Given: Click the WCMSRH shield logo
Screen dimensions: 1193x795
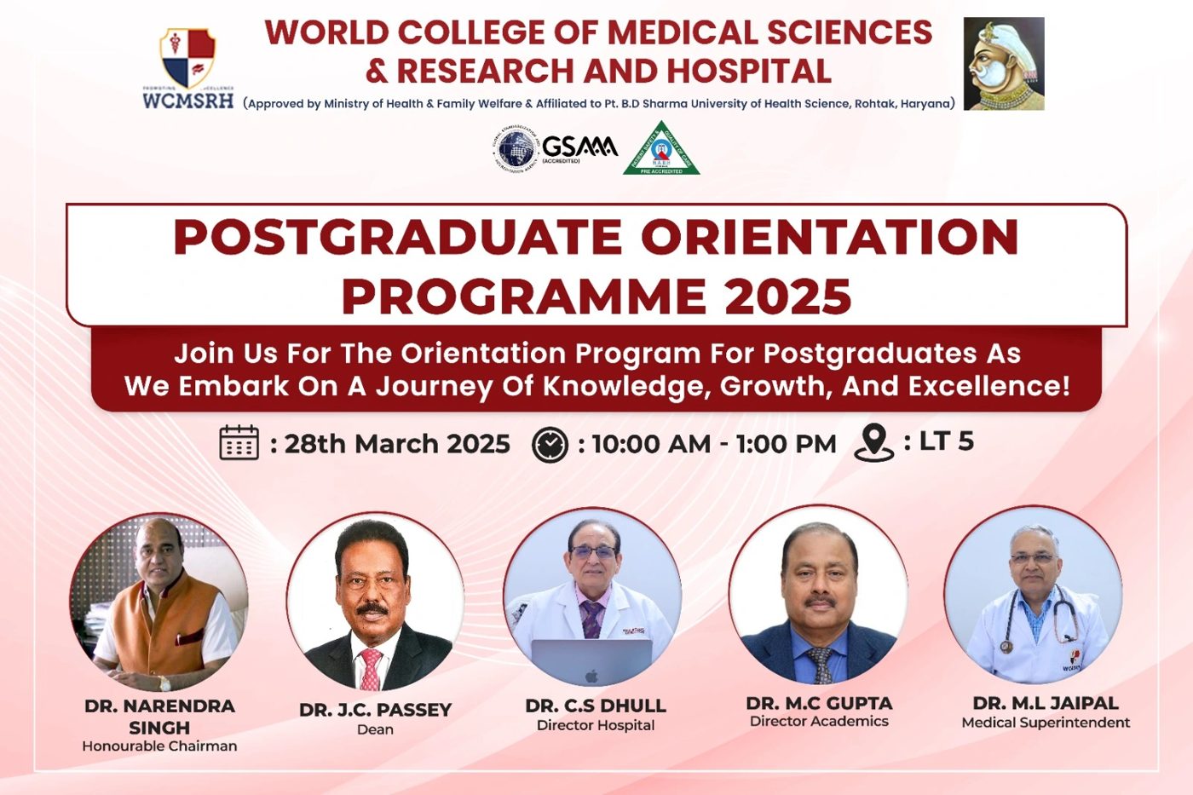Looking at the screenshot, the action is tap(188, 57).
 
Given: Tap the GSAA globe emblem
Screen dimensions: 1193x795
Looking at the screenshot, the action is tap(516, 150).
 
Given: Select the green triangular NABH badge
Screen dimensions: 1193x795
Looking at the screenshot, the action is tap(661, 148).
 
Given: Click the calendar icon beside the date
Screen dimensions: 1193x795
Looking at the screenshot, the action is tap(239, 442).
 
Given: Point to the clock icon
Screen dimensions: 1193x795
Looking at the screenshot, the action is tap(550, 444).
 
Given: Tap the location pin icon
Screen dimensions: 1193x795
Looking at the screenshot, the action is tap(874, 442).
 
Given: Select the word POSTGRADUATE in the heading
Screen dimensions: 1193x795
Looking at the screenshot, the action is tap(397, 237).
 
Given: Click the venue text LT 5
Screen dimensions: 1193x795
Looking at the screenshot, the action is tap(947, 441).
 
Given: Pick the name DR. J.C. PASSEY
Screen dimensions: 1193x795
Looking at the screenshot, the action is tap(376, 710).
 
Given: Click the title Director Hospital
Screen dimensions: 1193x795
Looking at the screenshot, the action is tap(596, 725).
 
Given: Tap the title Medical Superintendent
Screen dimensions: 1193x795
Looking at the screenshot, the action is tap(1046, 723).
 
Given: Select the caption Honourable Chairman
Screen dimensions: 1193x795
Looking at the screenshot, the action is tap(160, 746).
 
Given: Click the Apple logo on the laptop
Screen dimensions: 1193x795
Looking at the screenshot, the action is tap(591, 676).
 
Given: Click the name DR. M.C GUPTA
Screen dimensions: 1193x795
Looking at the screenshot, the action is tap(819, 704).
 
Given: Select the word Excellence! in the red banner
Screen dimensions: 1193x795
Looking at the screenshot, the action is tap(989, 386).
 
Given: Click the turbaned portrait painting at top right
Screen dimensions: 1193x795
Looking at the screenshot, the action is tap(1004, 64).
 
